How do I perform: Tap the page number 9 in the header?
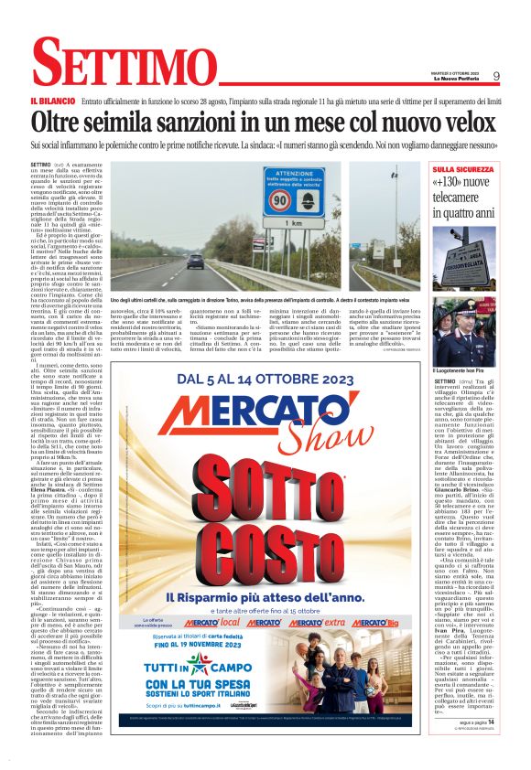coord(495,77)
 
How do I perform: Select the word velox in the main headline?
coord(461,122)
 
